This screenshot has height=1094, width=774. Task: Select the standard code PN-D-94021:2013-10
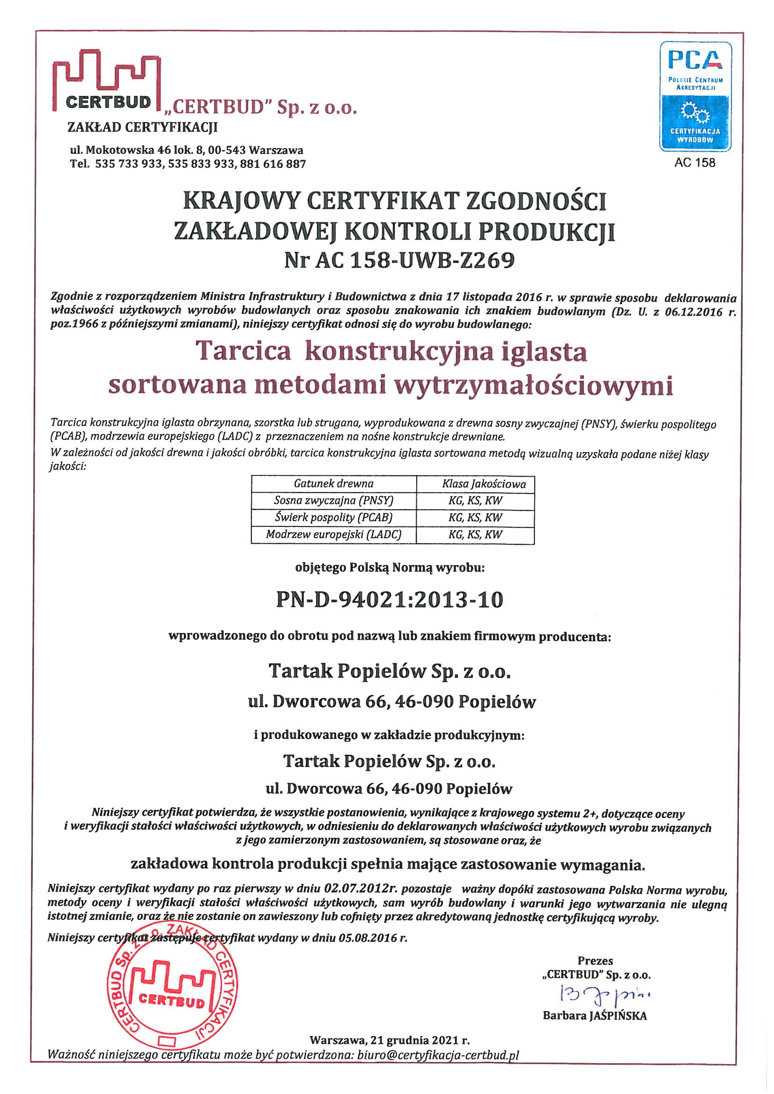tap(390, 600)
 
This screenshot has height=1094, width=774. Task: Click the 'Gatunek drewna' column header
tap(333, 484)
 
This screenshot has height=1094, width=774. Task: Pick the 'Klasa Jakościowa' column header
tap(484, 484)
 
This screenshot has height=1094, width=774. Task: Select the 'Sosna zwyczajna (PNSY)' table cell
tap(333, 500)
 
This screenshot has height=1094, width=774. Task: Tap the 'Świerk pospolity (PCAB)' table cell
tap(333, 517)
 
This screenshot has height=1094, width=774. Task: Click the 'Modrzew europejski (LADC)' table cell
tap(333, 534)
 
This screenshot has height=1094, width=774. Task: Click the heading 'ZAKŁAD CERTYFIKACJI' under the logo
tap(143, 127)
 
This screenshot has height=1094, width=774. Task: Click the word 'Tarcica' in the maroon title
tap(243, 352)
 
